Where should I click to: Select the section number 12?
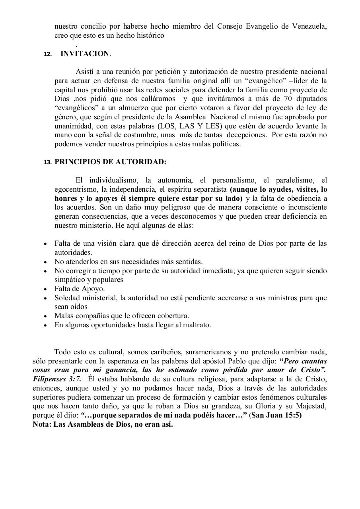[48, 54]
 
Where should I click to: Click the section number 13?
[48, 163]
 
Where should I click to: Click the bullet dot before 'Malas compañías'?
[45, 316]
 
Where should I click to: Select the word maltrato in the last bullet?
[197, 325]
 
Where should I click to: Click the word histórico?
[150, 36]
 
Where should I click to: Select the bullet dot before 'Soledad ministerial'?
[45, 298]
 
